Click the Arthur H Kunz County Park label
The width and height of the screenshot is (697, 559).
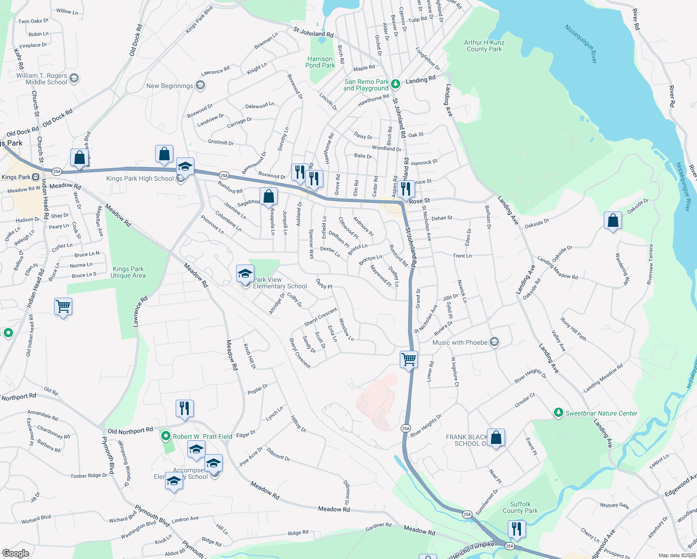[x=484, y=46]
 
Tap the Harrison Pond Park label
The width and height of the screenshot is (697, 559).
[x=320, y=62]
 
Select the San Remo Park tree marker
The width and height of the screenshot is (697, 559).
[x=395, y=84]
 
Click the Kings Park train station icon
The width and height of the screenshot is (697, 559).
[x=35, y=177]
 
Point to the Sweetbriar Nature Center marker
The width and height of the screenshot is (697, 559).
[x=558, y=413]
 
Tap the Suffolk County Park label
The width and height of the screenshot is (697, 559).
[x=520, y=507]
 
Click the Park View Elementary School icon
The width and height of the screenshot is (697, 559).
[x=245, y=274]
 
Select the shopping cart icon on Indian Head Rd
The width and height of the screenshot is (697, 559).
[x=63, y=307]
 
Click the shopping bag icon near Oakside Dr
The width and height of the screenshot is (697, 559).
[x=613, y=220]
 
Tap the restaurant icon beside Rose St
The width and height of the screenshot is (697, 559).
[x=405, y=189]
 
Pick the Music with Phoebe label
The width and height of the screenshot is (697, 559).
[x=459, y=342]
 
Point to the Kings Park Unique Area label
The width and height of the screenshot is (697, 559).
[x=128, y=272]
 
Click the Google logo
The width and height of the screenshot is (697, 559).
[x=15, y=553]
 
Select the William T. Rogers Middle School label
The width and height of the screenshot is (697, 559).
[x=41, y=79]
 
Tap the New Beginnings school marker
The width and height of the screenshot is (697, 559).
[x=200, y=85]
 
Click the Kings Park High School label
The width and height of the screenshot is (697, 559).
[x=140, y=178]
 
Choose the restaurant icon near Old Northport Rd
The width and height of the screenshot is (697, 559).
[x=184, y=408]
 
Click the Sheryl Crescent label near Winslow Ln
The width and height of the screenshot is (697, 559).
[x=321, y=317]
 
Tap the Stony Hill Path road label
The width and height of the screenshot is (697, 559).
[x=573, y=329]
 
